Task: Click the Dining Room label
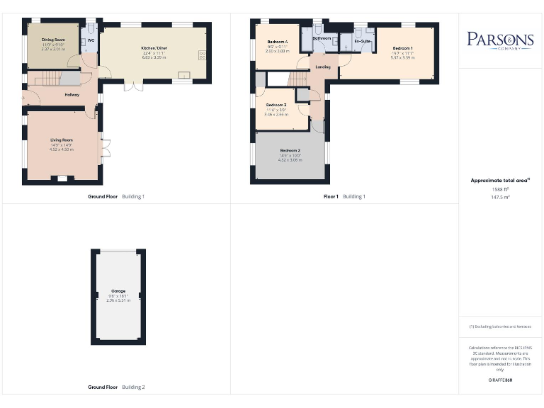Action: coord(53,40)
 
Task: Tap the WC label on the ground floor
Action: coord(91,40)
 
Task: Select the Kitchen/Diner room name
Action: coord(153,48)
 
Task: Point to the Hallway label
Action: coord(72,94)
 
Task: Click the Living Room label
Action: coord(62,140)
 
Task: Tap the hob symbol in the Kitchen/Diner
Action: coord(203,55)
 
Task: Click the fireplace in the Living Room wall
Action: coord(62,178)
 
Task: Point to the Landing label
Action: coord(322,67)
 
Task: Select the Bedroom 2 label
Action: coord(290,151)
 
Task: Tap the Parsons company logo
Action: coord(500,40)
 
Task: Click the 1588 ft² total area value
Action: coord(500,189)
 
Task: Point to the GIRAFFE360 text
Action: coord(500,381)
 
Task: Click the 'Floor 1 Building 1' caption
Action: coord(344,196)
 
